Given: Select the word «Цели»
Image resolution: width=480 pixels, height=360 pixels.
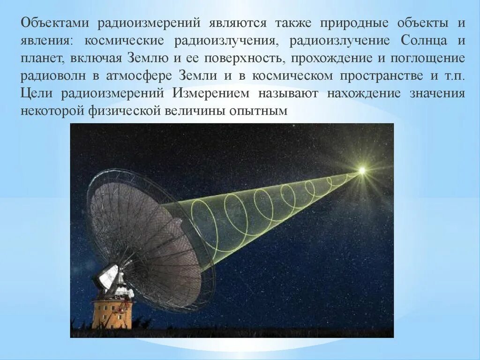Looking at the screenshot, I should (37, 93).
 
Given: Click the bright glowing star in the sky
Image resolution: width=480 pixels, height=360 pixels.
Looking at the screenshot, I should (361, 171).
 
